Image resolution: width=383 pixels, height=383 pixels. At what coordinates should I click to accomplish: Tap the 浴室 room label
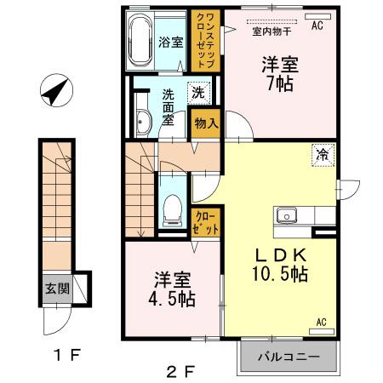[170, 41]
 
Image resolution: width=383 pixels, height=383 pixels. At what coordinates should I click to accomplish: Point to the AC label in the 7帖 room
[317, 26]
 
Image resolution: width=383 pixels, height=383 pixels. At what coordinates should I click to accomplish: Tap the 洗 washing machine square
[197, 91]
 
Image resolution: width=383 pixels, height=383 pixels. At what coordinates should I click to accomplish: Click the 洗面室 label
[169, 107]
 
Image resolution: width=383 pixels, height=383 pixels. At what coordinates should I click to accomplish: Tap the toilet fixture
[172, 207]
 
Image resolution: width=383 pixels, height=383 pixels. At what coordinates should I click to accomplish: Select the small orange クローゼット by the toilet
[207, 223]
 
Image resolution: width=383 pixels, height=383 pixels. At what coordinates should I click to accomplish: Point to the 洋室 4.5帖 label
[172, 289]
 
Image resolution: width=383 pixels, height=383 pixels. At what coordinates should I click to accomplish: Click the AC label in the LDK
[322, 323]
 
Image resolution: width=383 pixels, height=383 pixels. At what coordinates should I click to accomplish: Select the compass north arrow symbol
[55, 91]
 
